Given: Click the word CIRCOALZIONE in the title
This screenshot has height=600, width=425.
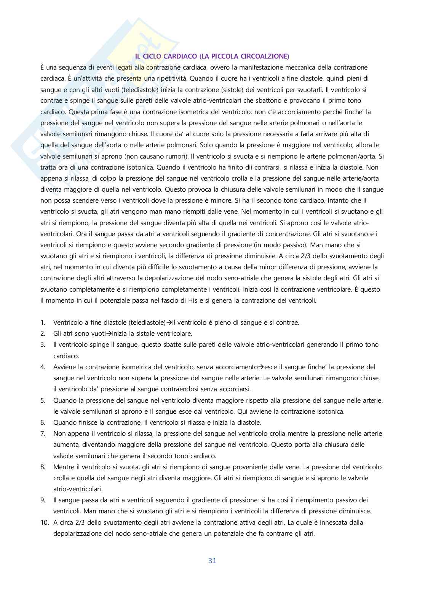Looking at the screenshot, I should pyautogui.click(x=265, y=56).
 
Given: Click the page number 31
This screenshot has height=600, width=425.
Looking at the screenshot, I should pyautogui.click(x=212, y=560).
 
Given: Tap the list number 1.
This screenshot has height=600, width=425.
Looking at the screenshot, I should pyautogui.click(x=43, y=322).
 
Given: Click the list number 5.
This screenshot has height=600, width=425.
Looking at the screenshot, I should pyautogui.click(x=43, y=400).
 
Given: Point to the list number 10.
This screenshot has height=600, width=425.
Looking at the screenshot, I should pyautogui.click(x=44, y=522).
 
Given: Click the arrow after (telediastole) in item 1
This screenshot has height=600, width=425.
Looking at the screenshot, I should pyautogui.click(x=169, y=322).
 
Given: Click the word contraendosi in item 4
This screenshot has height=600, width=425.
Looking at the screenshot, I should pyautogui.click(x=183, y=389).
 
